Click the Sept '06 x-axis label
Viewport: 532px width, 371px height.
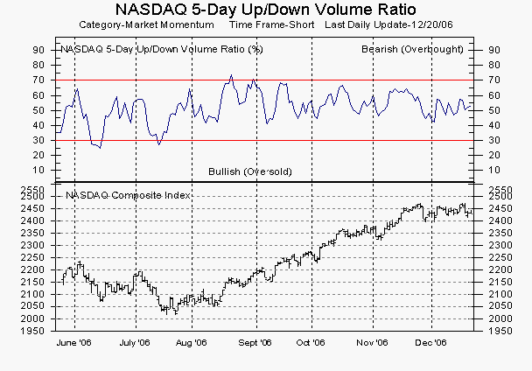pyautogui.click(x=254, y=344)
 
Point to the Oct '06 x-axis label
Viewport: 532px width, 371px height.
pyautogui.click(x=311, y=344)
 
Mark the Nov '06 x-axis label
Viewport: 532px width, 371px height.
pyautogui.click(x=373, y=344)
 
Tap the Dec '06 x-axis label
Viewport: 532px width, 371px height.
pyautogui.click(x=430, y=344)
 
